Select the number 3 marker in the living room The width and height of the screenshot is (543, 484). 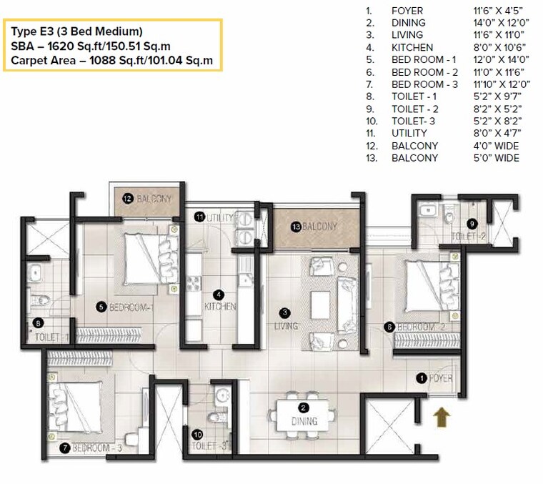(284, 312)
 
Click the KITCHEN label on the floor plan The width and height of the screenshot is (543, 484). (220, 306)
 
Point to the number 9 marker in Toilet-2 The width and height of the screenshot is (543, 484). (472, 223)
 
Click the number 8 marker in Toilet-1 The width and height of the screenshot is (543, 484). (39, 322)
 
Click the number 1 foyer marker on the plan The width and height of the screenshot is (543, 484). (422, 377)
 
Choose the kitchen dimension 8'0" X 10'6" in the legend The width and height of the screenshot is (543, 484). (492, 47)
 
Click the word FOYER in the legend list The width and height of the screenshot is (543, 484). (407, 11)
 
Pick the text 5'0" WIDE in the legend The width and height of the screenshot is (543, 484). (492, 157)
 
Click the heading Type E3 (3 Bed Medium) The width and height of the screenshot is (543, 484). (76, 31)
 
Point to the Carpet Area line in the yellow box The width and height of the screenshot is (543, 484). (111, 60)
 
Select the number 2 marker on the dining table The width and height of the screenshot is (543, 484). (303, 408)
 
